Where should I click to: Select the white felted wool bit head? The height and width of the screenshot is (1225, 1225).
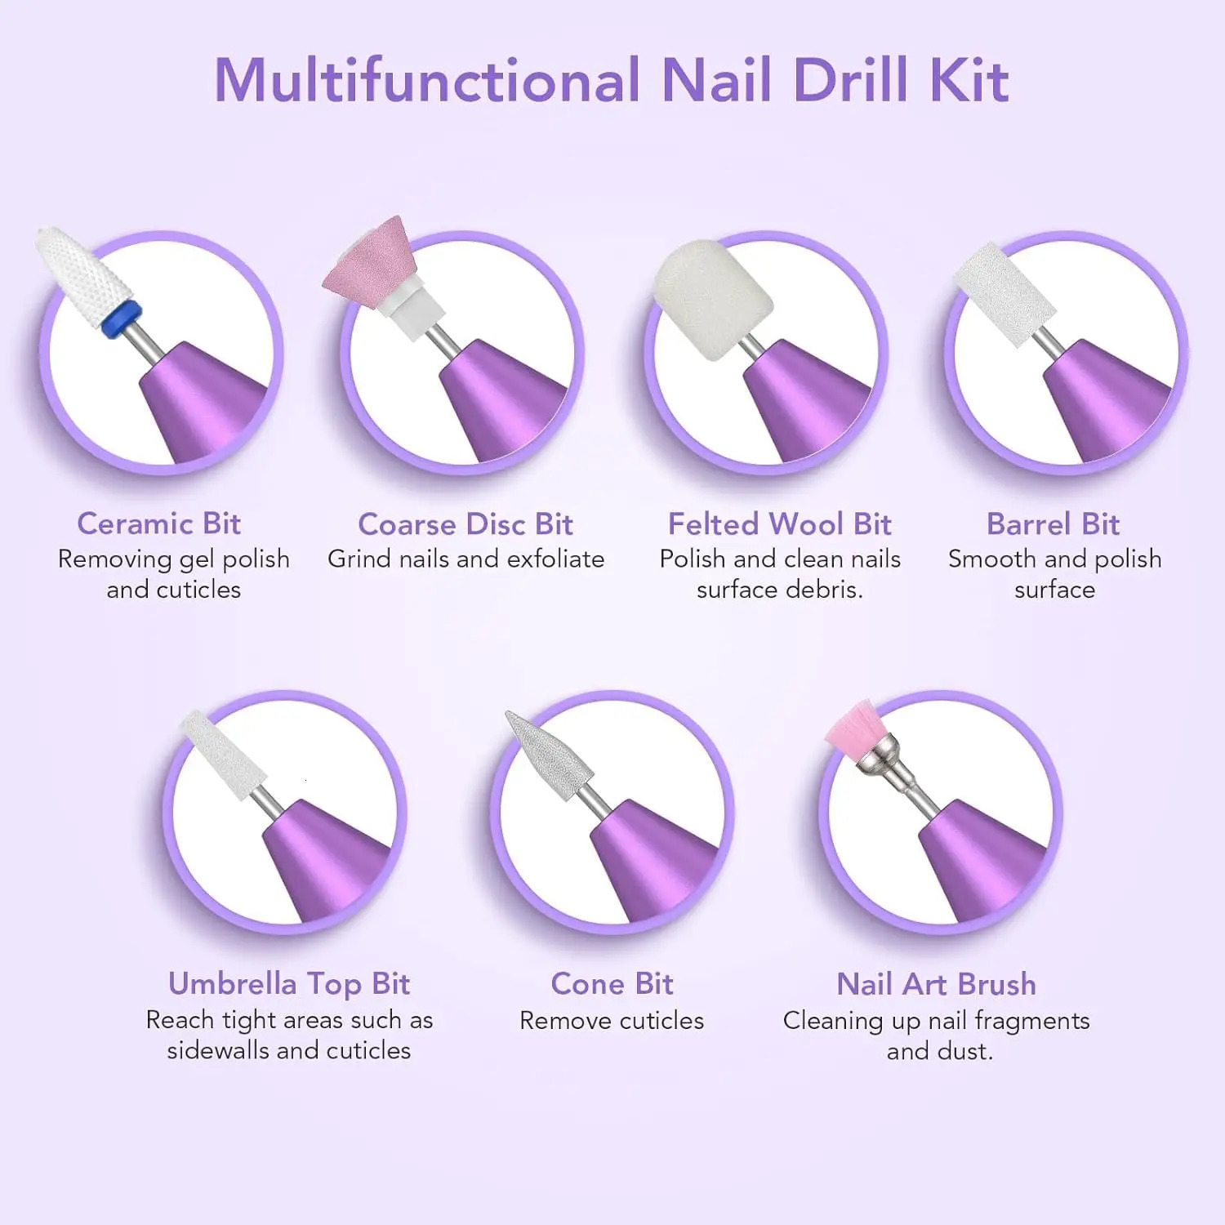pos(712,298)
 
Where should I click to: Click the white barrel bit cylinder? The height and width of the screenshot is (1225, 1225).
pos(1004,292)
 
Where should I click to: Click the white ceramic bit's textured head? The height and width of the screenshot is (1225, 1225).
pos(86,274)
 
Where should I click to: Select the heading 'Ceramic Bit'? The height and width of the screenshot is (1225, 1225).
pos(158,523)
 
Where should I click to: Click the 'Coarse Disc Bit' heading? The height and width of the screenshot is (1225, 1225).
pos(465,524)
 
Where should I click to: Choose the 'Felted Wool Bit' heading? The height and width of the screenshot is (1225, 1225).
pos(779,524)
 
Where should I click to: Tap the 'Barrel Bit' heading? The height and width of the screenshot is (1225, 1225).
pos(1053,524)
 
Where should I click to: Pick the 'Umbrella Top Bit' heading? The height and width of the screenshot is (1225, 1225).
pos(289,984)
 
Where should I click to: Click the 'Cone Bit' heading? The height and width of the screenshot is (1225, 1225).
pos(612,984)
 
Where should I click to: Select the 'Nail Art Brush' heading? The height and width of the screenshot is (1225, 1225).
pos(936,984)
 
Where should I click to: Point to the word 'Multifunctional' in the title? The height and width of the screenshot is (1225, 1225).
pos(426,80)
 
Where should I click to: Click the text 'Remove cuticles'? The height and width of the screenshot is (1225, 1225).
pos(612,1021)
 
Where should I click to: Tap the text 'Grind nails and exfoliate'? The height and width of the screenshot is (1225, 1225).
pos(465,559)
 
